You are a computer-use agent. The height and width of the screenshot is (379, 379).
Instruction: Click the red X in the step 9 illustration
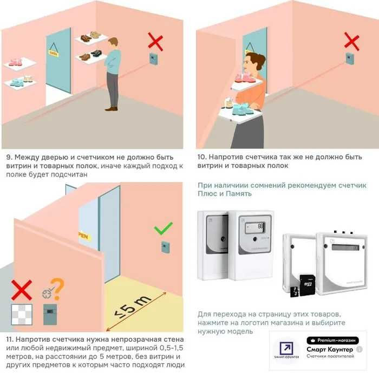coord(155,42)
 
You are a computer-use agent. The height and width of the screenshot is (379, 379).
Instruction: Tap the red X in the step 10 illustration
coord(352,41)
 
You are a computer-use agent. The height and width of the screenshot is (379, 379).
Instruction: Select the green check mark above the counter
coord(164,228)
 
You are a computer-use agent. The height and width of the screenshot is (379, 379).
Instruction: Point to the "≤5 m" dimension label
coord(133,307)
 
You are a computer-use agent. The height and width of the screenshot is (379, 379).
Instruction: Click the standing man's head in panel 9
coord(113,44)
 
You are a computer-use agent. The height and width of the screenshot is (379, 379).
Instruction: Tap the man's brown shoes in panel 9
coord(112,109)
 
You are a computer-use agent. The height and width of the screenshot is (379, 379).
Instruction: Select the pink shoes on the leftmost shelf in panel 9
coord(15,62)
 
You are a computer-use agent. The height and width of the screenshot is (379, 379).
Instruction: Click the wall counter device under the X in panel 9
coord(154,58)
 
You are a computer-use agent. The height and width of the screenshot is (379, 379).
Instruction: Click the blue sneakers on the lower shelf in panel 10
coord(240,109)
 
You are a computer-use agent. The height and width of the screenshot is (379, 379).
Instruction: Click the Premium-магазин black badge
coord(332,341)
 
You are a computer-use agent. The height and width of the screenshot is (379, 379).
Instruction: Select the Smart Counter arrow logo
coord(286,349)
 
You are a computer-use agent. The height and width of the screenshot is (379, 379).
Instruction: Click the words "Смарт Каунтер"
coord(330,350)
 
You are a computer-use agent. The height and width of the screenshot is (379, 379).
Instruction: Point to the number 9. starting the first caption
coord(9,157)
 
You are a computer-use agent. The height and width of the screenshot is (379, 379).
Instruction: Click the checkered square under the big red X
coord(22,314)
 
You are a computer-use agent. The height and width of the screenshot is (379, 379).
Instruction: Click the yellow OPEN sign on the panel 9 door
coord(53,53)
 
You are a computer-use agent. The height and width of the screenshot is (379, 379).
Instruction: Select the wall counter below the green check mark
coord(165,247)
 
